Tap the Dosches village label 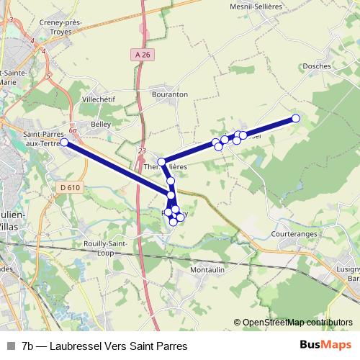click(x=318, y=66)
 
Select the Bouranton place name click(x=169, y=94)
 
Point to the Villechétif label click(x=99, y=99)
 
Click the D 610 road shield click(x=66, y=187)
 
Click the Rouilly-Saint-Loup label click(x=107, y=248)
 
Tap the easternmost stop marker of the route click(x=295, y=118)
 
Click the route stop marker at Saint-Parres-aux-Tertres click(x=64, y=143)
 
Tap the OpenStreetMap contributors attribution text click(x=297, y=323)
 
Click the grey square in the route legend click(x=11, y=346)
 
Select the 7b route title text click(x=104, y=346)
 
